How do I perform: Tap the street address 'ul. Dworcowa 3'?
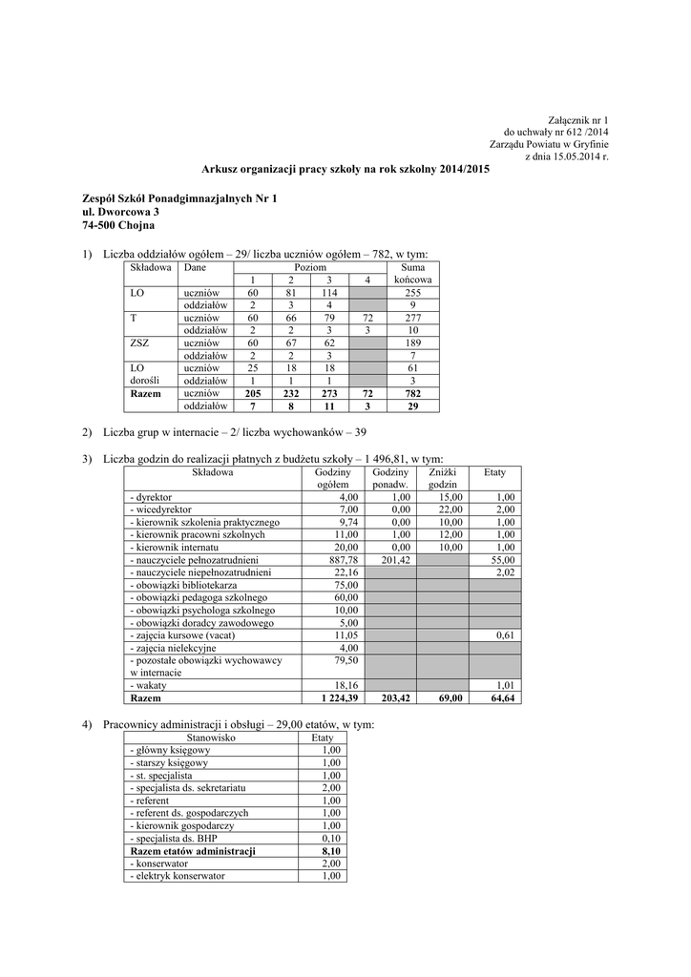click(x=121, y=212)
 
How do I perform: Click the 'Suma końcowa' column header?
click(x=412, y=275)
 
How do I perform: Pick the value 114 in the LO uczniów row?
click(x=330, y=293)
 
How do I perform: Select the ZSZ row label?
click(x=140, y=343)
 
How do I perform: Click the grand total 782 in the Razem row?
click(x=412, y=392)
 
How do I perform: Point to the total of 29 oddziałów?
click(x=412, y=405)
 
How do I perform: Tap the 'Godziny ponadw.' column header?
click(x=391, y=479)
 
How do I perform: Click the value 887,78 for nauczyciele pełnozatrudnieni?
click(x=340, y=560)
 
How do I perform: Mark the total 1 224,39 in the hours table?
click(x=335, y=698)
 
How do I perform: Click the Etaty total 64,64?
click(x=499, y=698)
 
